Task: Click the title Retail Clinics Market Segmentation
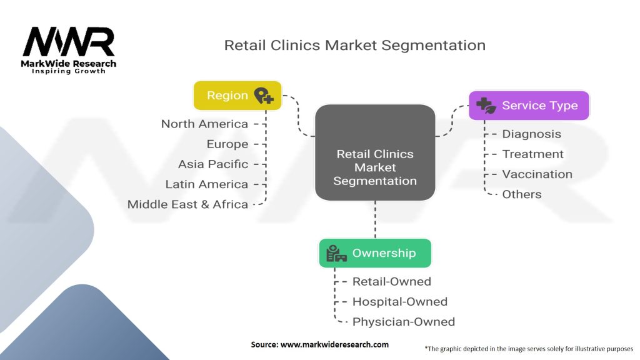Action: tap(354, 46)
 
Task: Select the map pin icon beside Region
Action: tap(264, 96)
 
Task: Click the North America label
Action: tap(204, 124)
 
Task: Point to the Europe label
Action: tap(227, 144)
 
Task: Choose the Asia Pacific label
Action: tap(213, 164)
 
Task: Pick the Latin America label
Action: tap(207, 184)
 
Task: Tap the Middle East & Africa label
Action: tap(187, 204)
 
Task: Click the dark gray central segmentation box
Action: tap(375, 153)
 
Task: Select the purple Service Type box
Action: tap(529, 106)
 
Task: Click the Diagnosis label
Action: tap(532, 134)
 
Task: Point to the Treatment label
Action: tap(533, 154)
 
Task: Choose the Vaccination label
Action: tap(537, 174)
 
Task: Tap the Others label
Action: tap(522, 194)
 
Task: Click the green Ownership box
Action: tap(375, 253)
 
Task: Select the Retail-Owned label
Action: tap(392, 281)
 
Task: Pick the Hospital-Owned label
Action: tap(400, 301)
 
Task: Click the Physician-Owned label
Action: tap(404, 322)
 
